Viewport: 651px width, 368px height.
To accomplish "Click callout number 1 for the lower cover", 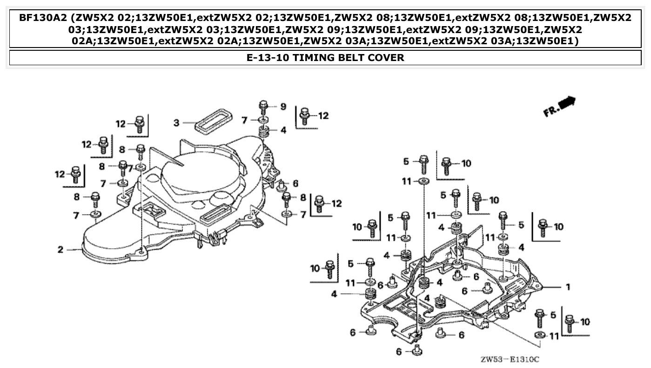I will point(568,287).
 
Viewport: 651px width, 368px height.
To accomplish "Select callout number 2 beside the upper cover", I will point(60,250).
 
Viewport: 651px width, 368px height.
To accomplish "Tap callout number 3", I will point(176,123).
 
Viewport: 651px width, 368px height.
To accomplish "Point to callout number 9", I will point(283,107).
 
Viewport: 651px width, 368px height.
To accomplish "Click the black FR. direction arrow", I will point(567,103).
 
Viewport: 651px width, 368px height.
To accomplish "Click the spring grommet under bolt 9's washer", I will point(264,132).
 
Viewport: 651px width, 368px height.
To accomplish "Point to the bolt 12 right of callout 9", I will point(305,115).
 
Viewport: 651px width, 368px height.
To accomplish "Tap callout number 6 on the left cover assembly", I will point(295,184).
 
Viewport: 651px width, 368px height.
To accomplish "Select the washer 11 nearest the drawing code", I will point(539,335).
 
